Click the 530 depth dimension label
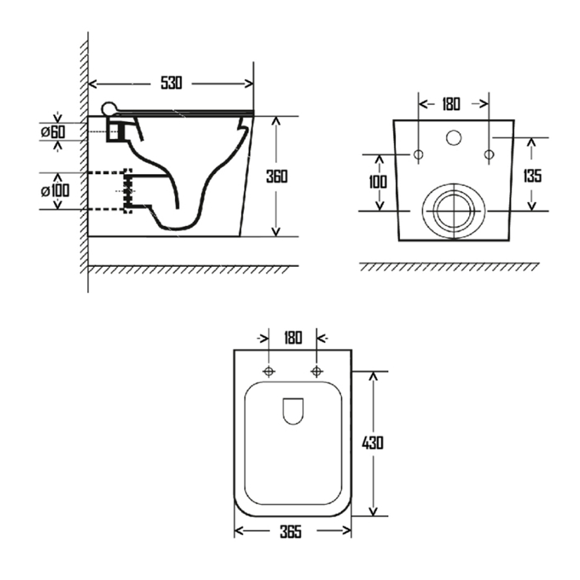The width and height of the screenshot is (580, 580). (x=171, y=83)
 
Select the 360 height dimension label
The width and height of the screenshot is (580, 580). (x=277, y=176)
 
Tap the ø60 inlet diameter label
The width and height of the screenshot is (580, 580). (x=53, y=132)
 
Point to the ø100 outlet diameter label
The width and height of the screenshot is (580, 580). (x=55, y=190)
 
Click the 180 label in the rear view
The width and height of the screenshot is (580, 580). (x=451, y=104)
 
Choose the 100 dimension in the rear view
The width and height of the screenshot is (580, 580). (x=378, y=182)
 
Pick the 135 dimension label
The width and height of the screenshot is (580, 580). (x=532, y=175)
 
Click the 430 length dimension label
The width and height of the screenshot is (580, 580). (x=372, y=443)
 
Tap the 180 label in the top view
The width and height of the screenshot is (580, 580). (x=293, y=338)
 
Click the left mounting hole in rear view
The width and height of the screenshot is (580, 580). (x=418, y=155)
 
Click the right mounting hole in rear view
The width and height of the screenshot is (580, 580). (x=489, y=155)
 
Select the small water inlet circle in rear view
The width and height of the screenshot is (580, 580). (x=454, y=137)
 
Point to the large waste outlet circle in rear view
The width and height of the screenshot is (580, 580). (x=453, y=212)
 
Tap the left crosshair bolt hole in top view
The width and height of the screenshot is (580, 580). (x=269, y=371)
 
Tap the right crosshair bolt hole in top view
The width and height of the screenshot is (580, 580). (x=317, y=371)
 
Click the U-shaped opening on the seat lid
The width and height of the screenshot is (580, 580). (x=293, y=411)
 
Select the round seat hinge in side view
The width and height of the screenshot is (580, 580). (x=108, y=108)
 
